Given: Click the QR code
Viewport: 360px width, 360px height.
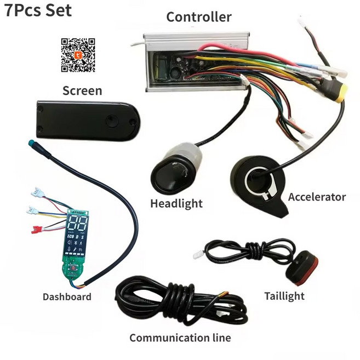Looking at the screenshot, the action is click(x=78, y=55).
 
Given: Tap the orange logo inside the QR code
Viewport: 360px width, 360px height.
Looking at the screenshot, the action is click(x=78, y=55).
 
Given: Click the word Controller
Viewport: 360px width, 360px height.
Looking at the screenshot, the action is click(x=199, y=17).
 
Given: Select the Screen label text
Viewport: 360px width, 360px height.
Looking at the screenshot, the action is click(x=82, y=90).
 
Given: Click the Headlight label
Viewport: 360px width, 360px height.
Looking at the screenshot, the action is click(x=176, y=204).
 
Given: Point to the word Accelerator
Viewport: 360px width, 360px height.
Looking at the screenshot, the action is click(x=317, y=197).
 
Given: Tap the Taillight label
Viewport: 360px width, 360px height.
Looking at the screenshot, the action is click(x=284, y=296).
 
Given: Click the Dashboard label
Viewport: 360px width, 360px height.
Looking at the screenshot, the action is click(x=67, y=296).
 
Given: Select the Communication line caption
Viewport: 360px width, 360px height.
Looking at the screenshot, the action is click(x=180, y=338).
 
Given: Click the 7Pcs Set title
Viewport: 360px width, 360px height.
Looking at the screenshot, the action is click(x=38, y=10).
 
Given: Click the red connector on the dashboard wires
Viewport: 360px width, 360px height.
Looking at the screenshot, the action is click(x=36, y=230).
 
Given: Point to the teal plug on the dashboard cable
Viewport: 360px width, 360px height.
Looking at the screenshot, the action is click(x=32, y=143).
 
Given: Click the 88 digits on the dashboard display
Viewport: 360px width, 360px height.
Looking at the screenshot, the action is click(x=78, y=224).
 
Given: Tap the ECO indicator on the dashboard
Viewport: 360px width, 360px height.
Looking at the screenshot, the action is click(x=70, y=236).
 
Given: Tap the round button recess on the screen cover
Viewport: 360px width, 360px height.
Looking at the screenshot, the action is click(x=112, y=121).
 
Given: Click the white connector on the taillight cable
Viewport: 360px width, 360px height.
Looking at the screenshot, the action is click(x=198, y=255).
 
